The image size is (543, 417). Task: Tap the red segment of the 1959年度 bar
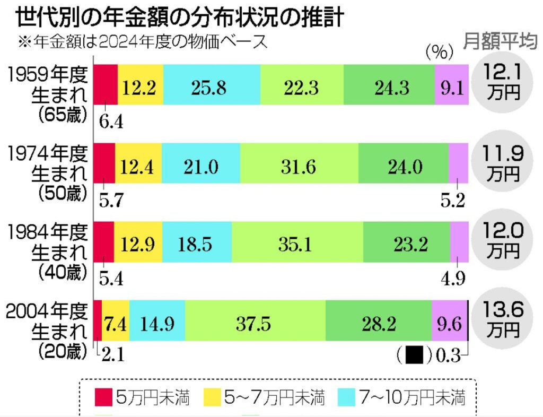[x=106, y=85]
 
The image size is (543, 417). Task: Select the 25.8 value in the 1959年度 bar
[x=212, y=86]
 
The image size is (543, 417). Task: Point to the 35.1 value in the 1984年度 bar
[x=297, y=245]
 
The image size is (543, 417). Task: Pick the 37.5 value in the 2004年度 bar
[x=255, y=323]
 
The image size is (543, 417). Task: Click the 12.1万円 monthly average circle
[x=503, y=82]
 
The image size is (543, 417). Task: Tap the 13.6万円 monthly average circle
[x=503, y=320]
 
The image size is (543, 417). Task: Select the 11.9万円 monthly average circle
[x=503, y=162]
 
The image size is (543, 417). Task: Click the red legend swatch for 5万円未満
[x=103, y=397]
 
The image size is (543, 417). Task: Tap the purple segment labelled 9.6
[x=449, y=323]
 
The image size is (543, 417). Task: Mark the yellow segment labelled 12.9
[x=138, y=245]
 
